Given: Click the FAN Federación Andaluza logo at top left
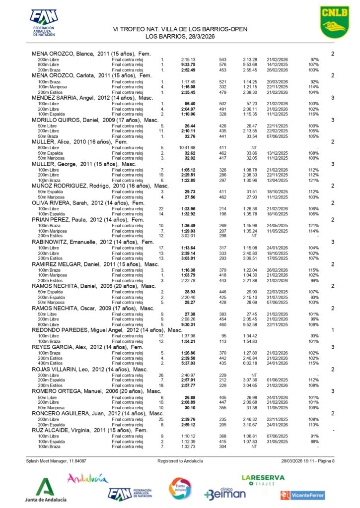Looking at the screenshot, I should tap(44, 22).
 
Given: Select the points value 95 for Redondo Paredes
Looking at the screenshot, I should tap(223, 336).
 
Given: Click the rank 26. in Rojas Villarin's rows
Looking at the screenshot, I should tap(161, 375).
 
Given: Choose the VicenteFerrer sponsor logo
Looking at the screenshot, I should tap(302, 495).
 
